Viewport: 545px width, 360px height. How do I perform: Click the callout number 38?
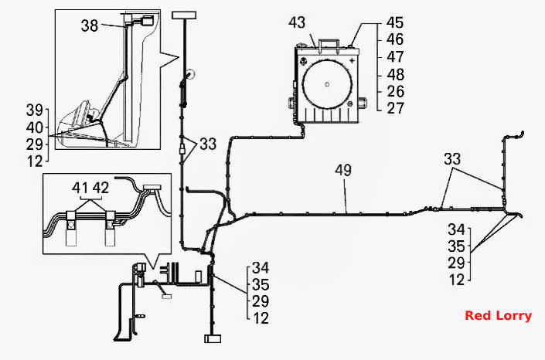tap(90, 25)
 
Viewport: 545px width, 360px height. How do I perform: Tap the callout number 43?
tap(297, 22)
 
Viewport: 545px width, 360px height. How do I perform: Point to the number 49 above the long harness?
tap(343, 170)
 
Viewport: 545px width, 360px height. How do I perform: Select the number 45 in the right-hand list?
tap(395, 23)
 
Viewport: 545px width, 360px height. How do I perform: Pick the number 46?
tap(395, 39)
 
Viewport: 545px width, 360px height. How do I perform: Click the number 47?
tap(395, 56)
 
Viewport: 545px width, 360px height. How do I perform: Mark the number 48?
tap(395, 74)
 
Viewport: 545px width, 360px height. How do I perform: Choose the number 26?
tap(396, 91)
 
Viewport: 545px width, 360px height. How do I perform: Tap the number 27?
tap(396, 108)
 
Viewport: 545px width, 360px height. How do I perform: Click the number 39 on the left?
tap(35, 110)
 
